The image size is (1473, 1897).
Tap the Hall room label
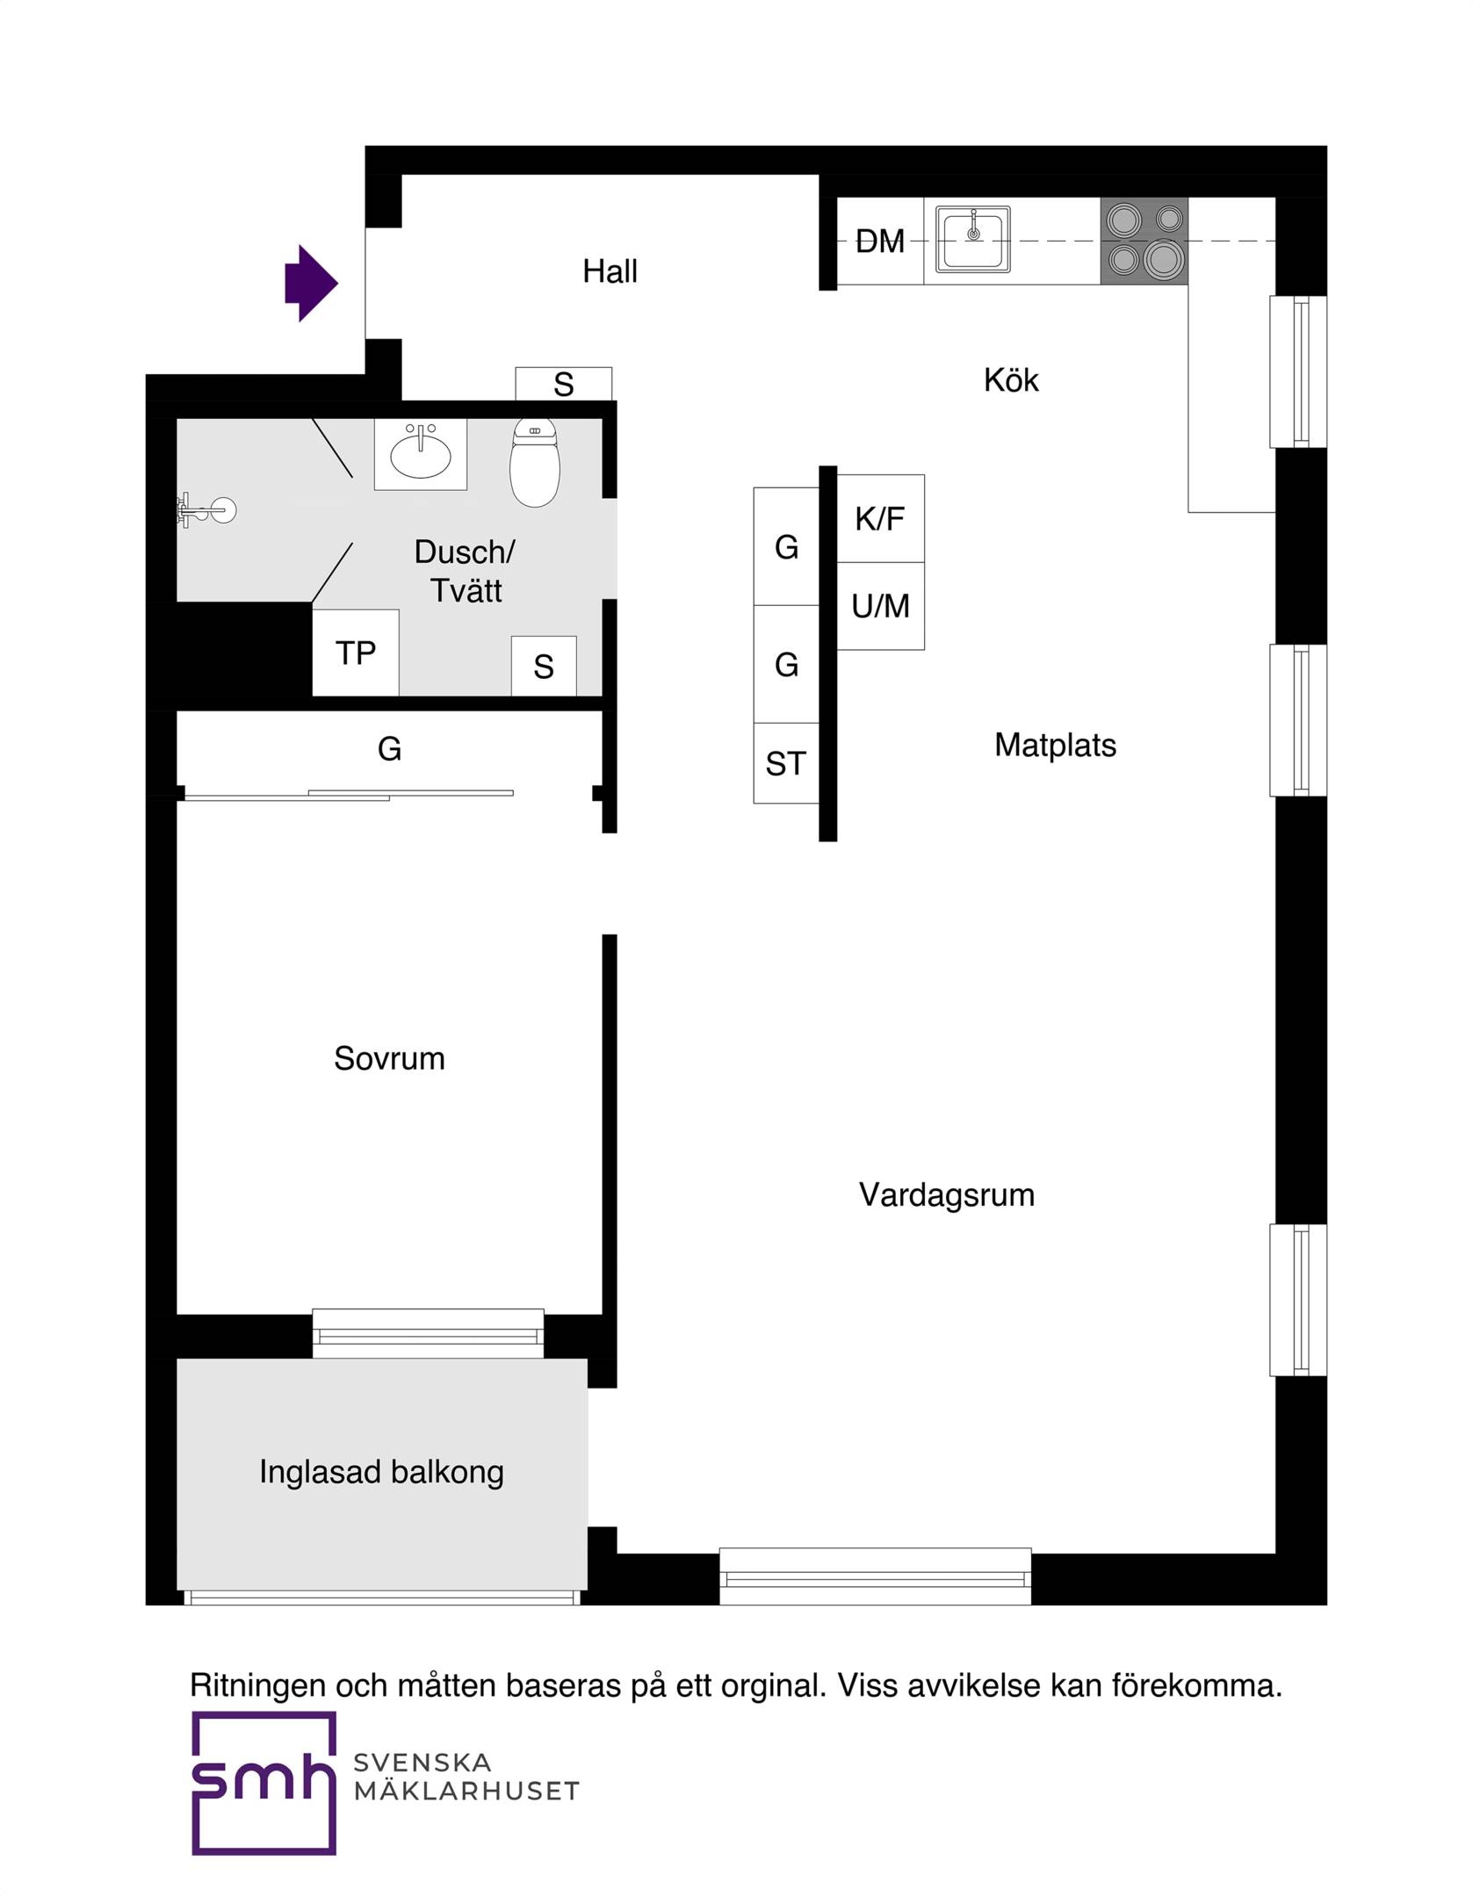(x=610, y=271)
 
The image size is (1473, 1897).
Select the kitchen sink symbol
(x=972, y=239)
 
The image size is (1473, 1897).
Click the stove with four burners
(x=1144, y=241)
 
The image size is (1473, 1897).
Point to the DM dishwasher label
(x=880, y=241)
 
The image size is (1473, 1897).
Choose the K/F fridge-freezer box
(x=880, y=518)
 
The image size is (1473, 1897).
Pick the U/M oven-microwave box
(x=880, y=606)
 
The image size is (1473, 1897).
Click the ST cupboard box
(x=786, y=763)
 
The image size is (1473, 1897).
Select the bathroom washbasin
(x=421, y=454)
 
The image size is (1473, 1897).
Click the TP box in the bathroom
(x=356, y=653)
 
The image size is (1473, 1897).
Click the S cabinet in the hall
(x=564, y=384)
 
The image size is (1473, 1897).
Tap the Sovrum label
(x=389, y=1058)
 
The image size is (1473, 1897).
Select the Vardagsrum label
(x=947, y=1194)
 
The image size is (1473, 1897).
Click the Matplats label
(x=1055, y=745)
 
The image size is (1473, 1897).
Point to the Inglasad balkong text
(x=381, y=1472)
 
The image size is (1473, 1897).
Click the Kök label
(x=1011, y=379)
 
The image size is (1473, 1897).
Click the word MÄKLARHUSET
(x=466, y=1790)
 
